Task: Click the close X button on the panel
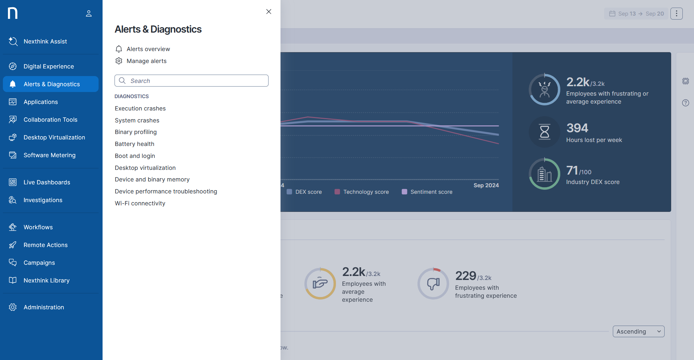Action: click(269, 12)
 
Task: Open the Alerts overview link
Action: click(148, 49)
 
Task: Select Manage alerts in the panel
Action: click(146, 61)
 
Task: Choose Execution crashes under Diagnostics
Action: click(140, 108)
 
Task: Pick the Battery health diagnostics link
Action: click(134, 144)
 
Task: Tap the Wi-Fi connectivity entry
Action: click(140, 203)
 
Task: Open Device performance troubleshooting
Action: click(166, 191)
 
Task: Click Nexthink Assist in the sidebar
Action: click(45, 41)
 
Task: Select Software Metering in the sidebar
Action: click(50, 155)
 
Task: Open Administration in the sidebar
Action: click(44, 307)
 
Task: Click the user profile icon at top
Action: click(89, 14)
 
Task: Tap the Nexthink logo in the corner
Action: click(13, 13)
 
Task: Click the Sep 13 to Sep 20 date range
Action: click(636, 14)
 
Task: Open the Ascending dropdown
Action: click(638, 331)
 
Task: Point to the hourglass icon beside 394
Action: click(544, 132)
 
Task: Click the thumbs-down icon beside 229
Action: click(433, 284)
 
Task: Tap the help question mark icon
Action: click(685, 103)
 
